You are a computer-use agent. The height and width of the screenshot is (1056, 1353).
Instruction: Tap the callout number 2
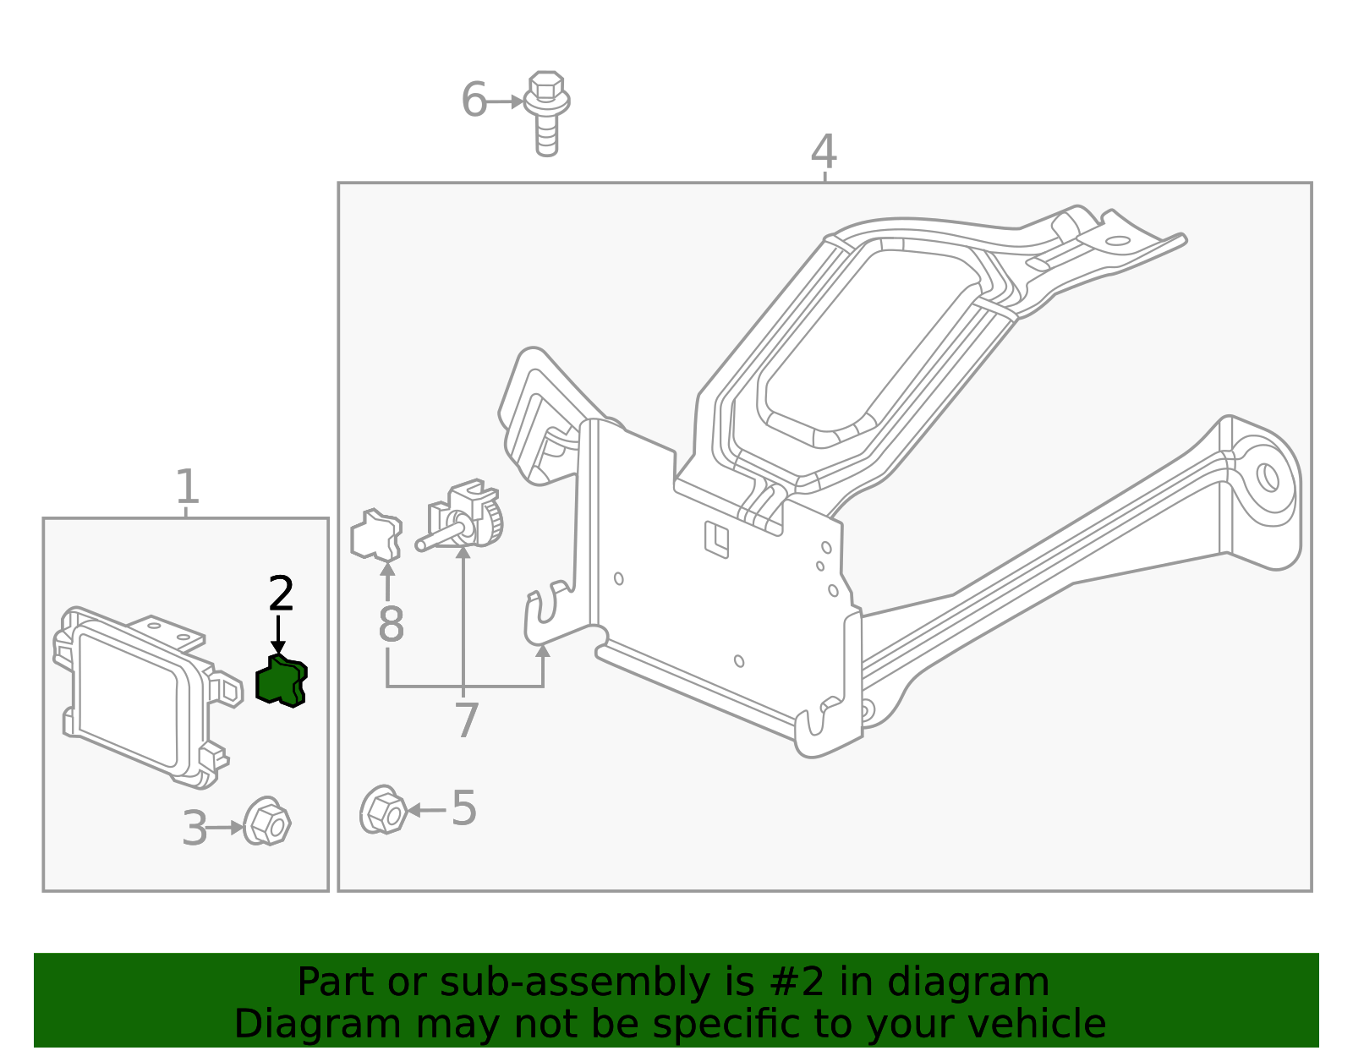point(281,594)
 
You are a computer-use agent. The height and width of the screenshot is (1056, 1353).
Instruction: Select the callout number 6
point(474,100)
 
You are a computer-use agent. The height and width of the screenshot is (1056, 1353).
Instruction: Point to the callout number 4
point(824,152)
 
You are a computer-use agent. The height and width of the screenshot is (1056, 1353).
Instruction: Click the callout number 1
point(187,487)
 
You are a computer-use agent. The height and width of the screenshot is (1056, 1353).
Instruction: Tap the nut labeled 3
point(267,822)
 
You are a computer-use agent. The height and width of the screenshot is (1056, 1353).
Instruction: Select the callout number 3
point(194,829)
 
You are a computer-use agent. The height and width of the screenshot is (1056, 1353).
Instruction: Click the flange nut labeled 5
point(383,811)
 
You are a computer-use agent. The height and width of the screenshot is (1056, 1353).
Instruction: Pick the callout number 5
point(463,808)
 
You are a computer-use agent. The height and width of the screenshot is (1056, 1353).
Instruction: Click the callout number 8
point(391,625)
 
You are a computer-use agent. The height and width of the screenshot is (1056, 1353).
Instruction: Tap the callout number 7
point(466,720)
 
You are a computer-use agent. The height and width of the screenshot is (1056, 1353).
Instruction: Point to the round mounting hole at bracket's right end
point(1267,477)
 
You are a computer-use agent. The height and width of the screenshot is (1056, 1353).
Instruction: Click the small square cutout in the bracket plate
point(716,539)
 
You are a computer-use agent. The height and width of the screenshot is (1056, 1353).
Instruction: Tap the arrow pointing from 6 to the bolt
point(506,101)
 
